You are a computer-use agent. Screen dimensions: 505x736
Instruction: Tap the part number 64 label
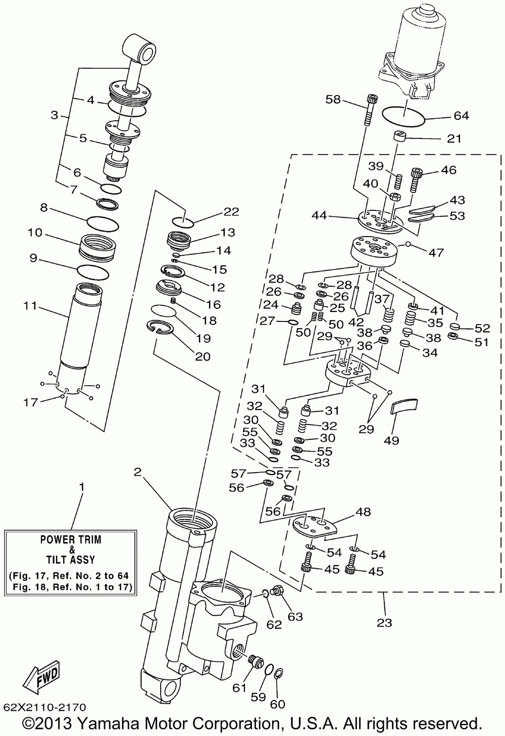click(461, 116)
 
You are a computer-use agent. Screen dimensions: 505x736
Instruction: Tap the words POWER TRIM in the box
click(71, 539)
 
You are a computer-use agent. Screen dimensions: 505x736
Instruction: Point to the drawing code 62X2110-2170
click(45, 707)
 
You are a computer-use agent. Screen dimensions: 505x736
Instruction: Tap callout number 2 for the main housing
click(137, 472)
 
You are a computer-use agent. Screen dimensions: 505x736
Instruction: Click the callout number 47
click(436, 252)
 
